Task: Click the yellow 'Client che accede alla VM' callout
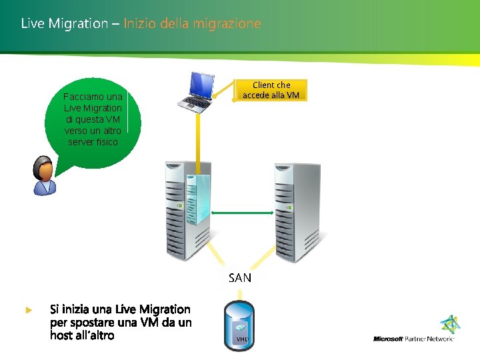point(271,90)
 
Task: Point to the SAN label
point(240,278)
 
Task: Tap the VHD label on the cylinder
point(241,339)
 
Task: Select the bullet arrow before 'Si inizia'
point(28,310)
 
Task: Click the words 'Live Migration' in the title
point(64,23)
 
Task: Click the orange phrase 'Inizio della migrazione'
point(192,23)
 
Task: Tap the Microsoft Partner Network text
point(413,339)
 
